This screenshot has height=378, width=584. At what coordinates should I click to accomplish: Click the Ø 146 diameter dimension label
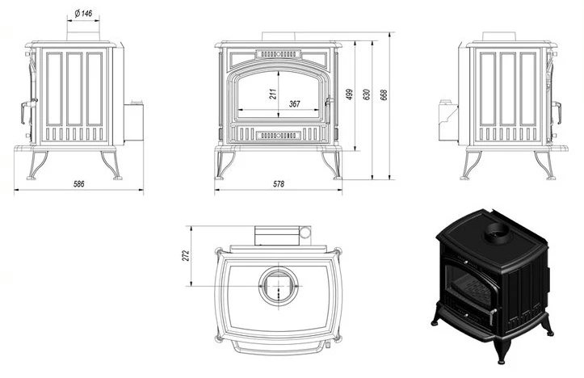[x=83, y=14]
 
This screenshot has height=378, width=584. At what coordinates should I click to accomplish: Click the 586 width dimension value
[x=79, y=184]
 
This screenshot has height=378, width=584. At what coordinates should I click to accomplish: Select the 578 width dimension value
[x=279, y=184]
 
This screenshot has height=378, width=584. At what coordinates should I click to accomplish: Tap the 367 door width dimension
[x=295, y=104]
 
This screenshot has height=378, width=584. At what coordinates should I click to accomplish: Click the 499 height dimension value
[x=350, y=94]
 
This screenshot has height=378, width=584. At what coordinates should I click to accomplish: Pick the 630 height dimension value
[x=367, y=94]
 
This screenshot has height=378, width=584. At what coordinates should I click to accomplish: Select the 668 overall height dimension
[x=384, y=94]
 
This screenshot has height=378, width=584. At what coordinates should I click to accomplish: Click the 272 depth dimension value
[x=186, y=256]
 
